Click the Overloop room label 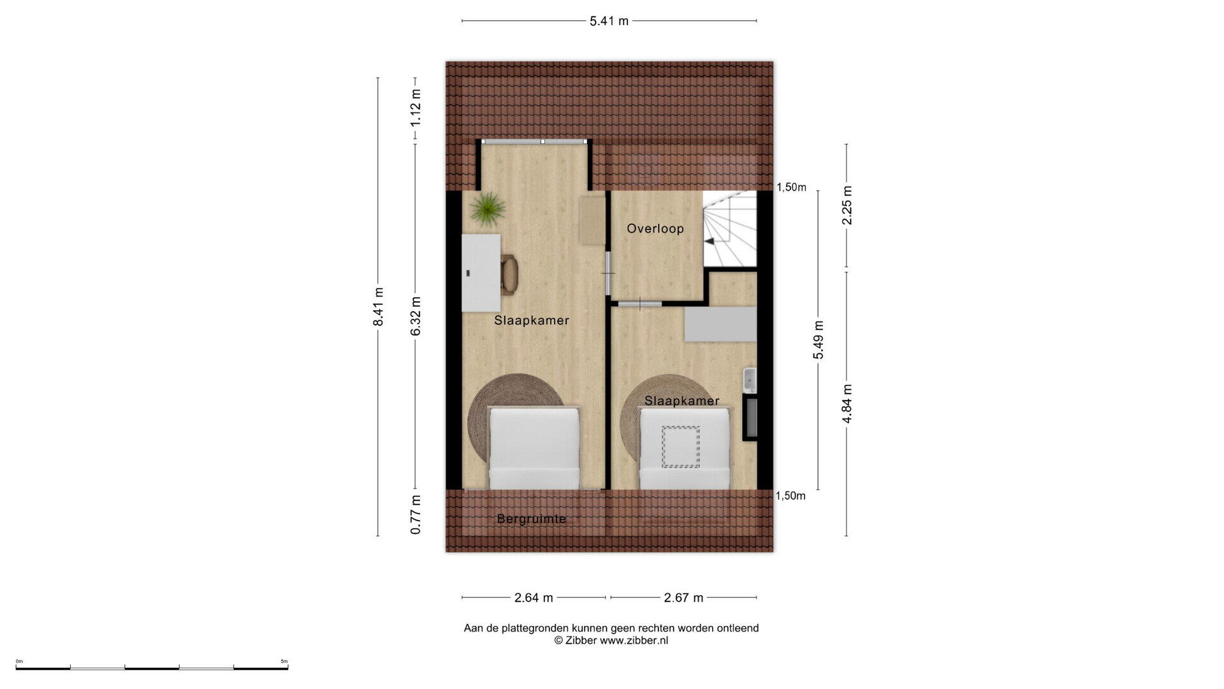655,228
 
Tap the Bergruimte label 532,519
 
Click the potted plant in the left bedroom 488,209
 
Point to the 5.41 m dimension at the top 609,21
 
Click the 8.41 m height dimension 378,306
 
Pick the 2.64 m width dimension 534,598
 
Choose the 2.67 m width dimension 683,598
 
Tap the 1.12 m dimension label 416,106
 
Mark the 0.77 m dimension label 416,515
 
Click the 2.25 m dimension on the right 847,205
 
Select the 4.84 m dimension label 847,404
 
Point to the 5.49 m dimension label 818,340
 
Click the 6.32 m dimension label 416,316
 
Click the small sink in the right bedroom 750,380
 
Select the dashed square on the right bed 681,447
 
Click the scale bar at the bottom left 152,667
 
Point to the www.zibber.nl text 634,641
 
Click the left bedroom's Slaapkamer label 532,320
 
